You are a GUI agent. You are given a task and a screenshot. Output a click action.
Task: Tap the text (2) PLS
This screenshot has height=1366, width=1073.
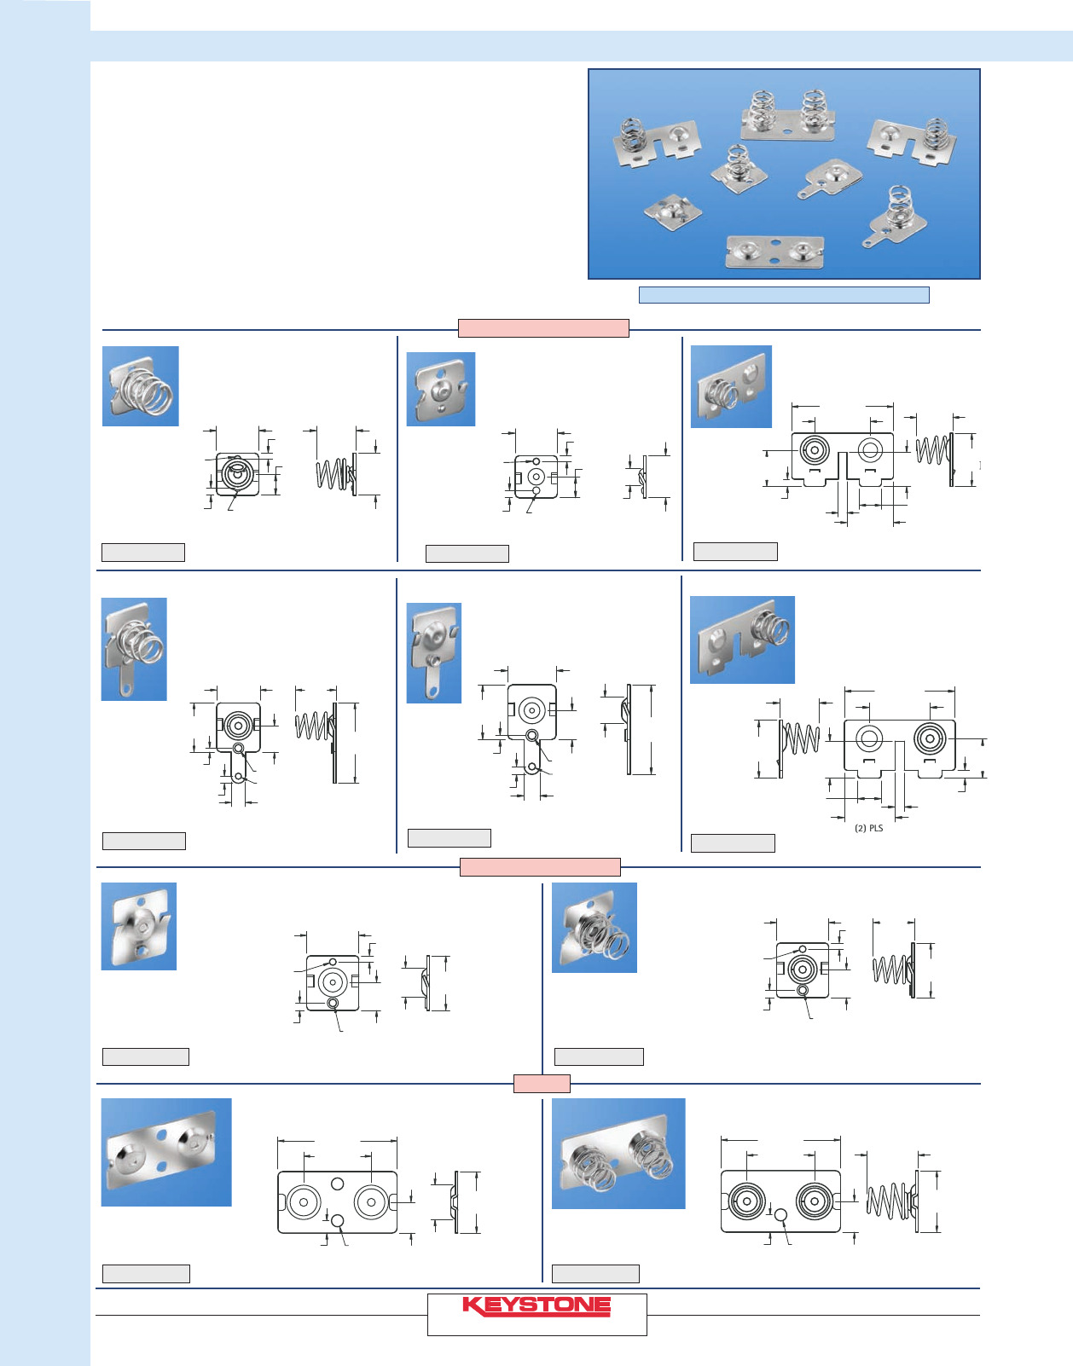coord(868,828)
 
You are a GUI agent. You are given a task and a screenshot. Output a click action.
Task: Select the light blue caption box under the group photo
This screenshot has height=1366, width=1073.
coord(784,295)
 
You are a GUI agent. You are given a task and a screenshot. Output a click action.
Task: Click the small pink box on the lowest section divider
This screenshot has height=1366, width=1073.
coord(542,1084)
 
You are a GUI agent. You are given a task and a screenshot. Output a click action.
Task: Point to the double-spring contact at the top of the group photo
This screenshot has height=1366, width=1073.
coord(788,115)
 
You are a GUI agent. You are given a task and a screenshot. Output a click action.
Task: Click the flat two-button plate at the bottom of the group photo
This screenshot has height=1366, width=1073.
coord(774,252)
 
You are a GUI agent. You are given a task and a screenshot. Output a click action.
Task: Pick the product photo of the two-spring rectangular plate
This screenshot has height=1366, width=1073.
coord(618,1154)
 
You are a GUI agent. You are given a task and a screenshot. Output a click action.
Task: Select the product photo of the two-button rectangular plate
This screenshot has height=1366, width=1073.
coord(166,1152)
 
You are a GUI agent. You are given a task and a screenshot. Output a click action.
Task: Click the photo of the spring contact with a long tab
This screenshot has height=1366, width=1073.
coord(134,649)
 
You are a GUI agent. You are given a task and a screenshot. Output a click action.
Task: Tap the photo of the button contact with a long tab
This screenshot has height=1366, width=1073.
coord(434,652)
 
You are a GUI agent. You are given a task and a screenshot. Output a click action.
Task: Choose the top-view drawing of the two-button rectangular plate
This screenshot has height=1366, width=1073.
coord(338,1202)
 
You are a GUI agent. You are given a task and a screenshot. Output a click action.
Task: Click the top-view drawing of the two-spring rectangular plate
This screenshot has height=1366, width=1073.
coord(780,1201)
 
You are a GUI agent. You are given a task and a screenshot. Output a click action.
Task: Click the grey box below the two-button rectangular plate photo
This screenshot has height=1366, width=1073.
coord(146,1274)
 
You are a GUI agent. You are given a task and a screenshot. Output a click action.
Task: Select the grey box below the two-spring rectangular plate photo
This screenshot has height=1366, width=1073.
coord(595,1274)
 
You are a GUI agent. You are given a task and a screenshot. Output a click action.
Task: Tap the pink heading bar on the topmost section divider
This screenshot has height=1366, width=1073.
coord(543,328)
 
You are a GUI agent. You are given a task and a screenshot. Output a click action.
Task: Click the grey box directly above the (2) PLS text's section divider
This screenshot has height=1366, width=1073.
coord(733,843)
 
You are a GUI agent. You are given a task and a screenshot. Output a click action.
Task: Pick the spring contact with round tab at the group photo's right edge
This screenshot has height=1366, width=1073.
coord(895,216)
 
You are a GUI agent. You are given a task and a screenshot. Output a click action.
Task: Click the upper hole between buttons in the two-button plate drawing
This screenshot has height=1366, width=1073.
coord(338,1184)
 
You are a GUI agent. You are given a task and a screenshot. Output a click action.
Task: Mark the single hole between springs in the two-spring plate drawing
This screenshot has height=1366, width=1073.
coord(780,1215)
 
